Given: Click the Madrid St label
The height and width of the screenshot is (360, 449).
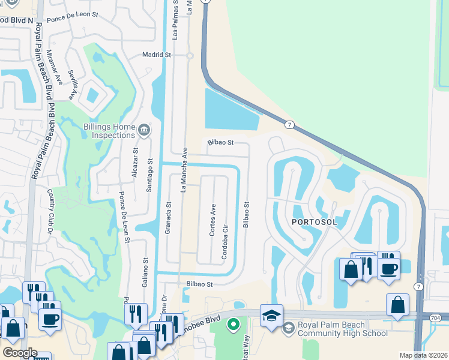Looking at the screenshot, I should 157,55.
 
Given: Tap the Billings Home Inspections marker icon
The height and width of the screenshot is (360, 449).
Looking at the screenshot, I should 143,130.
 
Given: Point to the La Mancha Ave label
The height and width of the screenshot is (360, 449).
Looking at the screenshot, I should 185,170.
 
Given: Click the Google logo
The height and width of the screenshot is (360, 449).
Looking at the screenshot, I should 20,352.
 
